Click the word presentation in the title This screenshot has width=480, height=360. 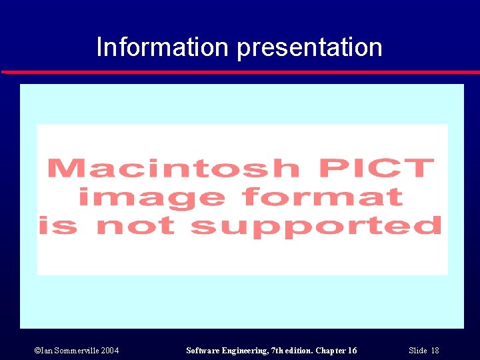309,48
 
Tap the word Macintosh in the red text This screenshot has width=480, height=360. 173,168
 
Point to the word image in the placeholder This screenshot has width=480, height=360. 151,198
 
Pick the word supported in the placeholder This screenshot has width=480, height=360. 316,227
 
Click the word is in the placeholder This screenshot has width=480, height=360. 57,227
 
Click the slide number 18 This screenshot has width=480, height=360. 435,351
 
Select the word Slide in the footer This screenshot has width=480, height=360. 417,351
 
